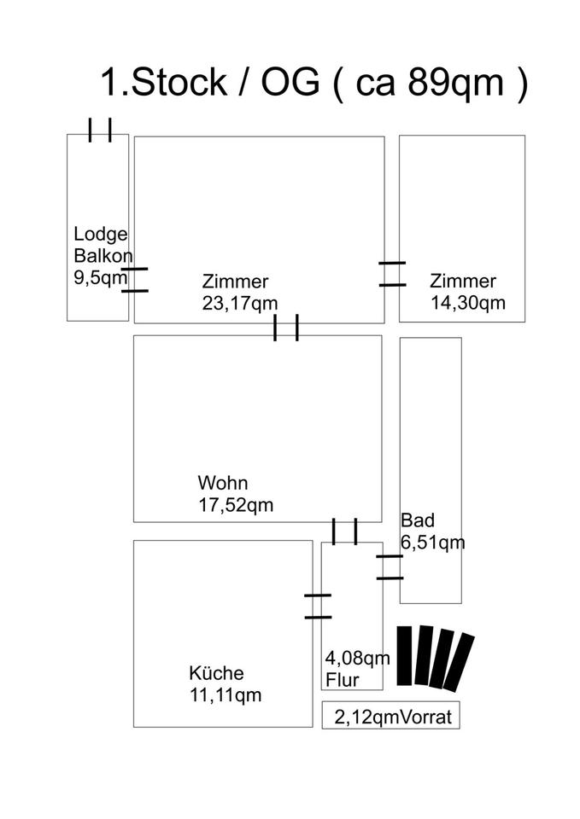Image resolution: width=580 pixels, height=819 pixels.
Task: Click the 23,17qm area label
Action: [x=240, y=303]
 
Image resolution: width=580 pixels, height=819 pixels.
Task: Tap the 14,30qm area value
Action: [x=467, y=303]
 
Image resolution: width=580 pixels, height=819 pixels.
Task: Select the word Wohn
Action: [x=222, y=482]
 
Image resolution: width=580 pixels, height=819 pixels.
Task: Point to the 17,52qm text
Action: [x=236, y=504]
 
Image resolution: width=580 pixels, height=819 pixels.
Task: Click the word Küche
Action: [x=217, y=672]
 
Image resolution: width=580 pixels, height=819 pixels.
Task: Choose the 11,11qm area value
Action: [x=226, y=694]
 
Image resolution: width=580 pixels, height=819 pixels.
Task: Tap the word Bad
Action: [x=418, y=520]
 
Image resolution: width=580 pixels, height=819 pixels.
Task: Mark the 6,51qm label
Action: [x=433, y=542]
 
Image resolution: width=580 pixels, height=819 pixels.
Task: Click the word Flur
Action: [x=342, y=680]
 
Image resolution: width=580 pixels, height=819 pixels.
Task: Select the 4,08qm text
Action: [x=357, y=658]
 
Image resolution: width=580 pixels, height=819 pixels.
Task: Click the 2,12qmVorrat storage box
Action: [x=390, y=716]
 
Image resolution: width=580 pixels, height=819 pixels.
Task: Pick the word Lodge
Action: [x=101, y=234]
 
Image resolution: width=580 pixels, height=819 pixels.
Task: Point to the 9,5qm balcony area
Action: [x=101, y=276]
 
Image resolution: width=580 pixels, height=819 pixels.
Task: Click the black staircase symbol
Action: [x=436, y=656]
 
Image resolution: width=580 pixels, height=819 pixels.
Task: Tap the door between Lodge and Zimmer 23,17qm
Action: [x=134, y=280]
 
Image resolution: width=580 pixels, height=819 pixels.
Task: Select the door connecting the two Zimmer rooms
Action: [x=392, y=274]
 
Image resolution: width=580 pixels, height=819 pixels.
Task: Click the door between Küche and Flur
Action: [x=317, y=606]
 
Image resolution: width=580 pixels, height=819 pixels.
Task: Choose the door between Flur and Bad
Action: [x=390, y=567]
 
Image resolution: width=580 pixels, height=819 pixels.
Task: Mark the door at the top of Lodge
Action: [x=100, y=131]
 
